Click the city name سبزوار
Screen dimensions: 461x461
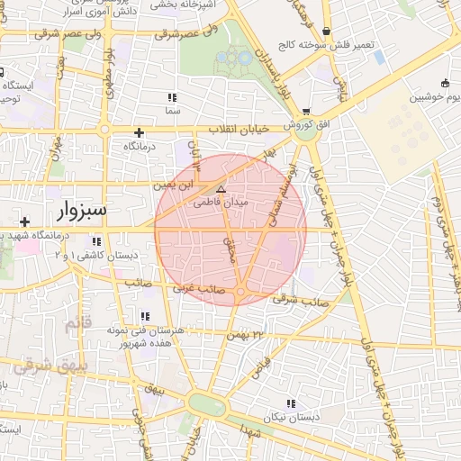(81, 211)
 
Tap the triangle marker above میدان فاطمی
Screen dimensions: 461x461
(221, 189)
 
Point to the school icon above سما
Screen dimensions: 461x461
(172, 97)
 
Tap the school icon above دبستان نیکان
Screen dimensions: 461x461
(290, 403)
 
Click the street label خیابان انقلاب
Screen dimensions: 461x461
(239, 130)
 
